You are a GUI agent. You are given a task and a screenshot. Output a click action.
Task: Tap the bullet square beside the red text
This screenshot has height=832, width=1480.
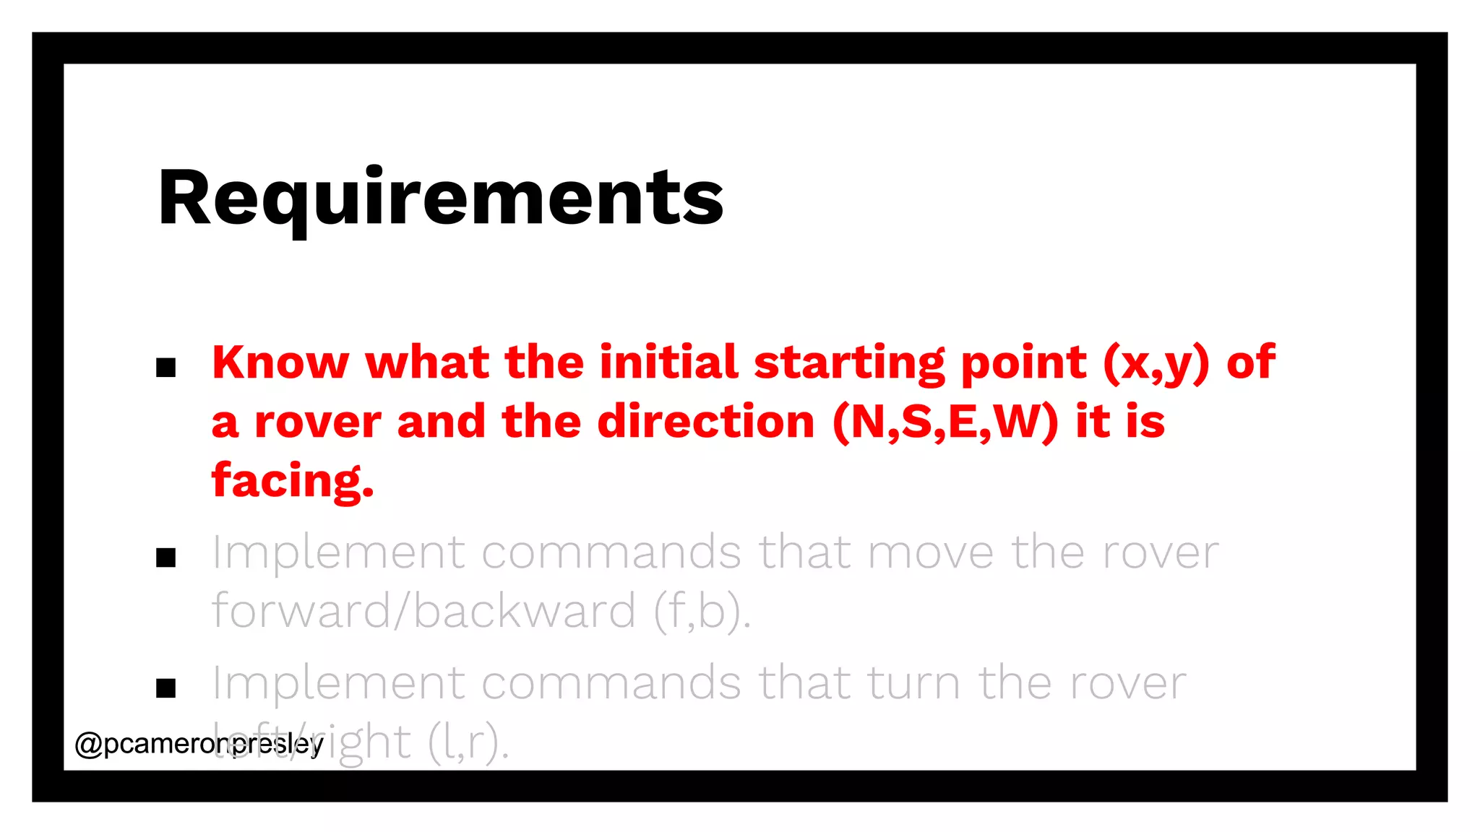166,368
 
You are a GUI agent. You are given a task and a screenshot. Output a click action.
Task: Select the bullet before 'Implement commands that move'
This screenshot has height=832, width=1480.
166,558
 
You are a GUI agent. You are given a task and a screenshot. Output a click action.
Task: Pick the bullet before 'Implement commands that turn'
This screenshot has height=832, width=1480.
166,688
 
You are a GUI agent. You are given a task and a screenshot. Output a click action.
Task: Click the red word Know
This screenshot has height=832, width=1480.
280,362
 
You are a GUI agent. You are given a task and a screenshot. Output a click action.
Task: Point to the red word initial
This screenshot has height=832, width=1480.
668,362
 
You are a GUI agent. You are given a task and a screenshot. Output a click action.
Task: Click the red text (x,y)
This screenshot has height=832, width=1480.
1156,363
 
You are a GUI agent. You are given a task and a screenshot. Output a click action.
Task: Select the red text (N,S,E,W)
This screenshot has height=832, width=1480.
945,422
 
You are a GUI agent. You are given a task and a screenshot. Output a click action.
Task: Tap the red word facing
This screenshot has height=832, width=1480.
293,481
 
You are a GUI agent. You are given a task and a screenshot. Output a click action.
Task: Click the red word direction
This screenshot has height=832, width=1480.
706,422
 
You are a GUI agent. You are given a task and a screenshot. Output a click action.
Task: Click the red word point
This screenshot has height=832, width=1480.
1023,363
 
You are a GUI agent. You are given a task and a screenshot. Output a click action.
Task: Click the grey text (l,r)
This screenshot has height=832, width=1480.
468,742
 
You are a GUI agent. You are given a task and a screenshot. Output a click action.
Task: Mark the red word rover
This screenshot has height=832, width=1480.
317,422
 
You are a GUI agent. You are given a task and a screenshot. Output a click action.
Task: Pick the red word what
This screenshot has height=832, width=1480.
427,362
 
